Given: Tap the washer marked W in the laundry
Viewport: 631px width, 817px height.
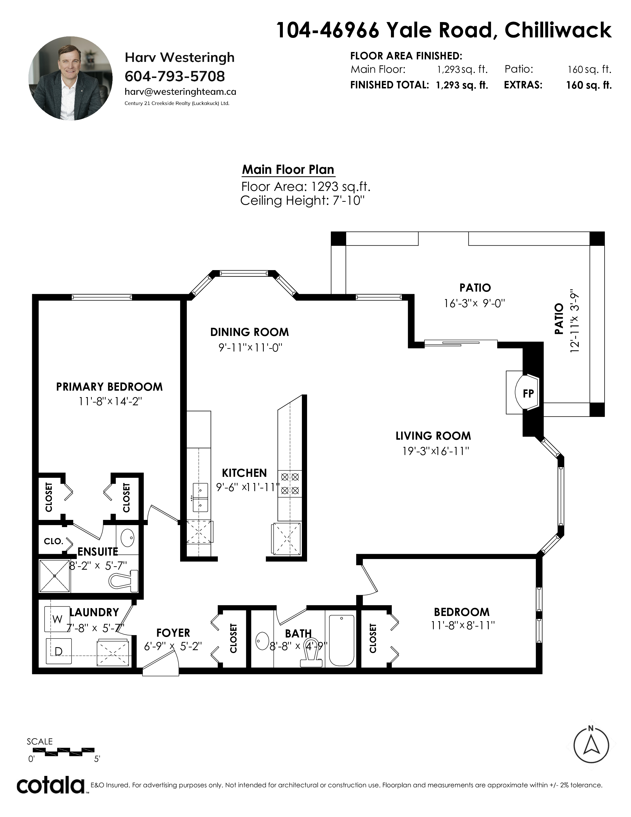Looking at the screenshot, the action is click(x=57, y=619).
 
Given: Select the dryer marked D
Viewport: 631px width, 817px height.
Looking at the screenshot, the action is click(x=58, y=651).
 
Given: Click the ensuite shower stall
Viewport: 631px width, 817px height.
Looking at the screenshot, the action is click(x=55, y=576).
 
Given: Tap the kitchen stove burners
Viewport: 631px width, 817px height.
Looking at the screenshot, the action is click(x=290, y=484).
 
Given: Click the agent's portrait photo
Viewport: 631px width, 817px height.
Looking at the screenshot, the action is click(x=71, y=78).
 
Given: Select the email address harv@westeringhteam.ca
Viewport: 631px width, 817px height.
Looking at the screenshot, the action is click(x=180, y=92).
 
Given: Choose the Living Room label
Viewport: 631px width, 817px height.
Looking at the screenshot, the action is click(x=433, y=436).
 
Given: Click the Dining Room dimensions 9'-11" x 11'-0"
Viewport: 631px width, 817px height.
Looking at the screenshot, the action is click(x=250, y=348).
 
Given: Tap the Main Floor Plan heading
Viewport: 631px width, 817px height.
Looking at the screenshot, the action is click(x=288, y=169).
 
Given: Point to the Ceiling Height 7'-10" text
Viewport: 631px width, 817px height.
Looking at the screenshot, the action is click(x=302, y=201).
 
